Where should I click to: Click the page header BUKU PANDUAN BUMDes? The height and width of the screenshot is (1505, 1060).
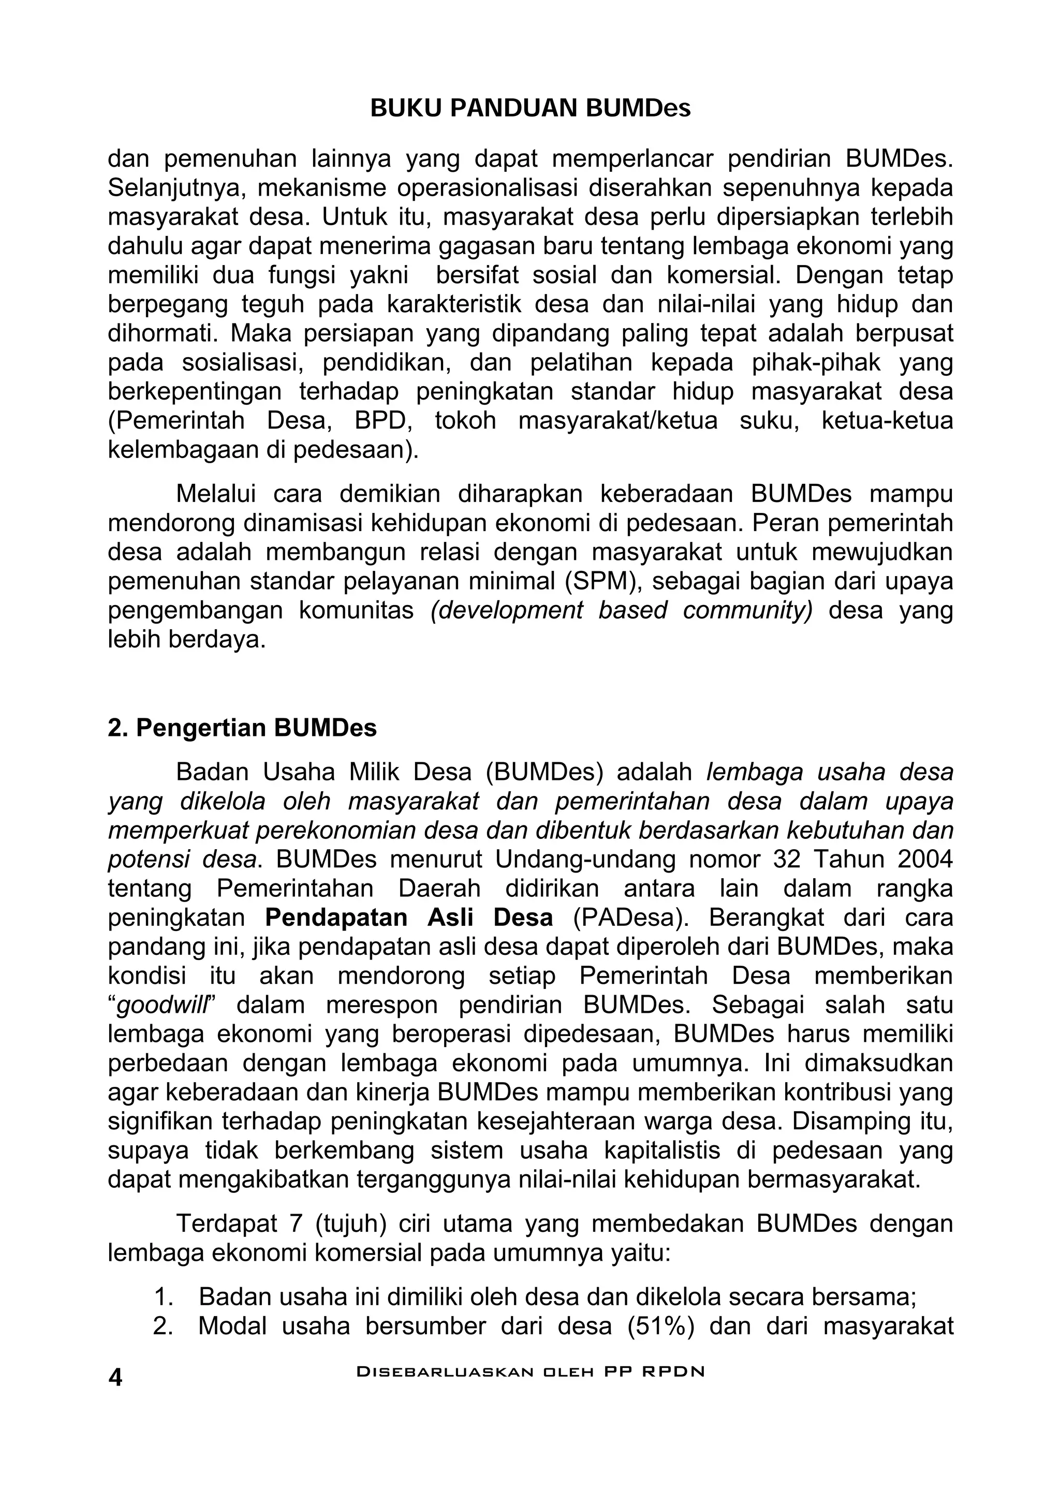click(x=529, y=108)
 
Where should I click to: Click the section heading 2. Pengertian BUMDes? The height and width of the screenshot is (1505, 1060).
click(x=242, y=728)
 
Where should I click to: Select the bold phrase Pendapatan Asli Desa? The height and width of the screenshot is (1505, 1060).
click(x=409, y=917)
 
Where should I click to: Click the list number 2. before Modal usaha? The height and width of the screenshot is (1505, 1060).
click(x=163, y=1326)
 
